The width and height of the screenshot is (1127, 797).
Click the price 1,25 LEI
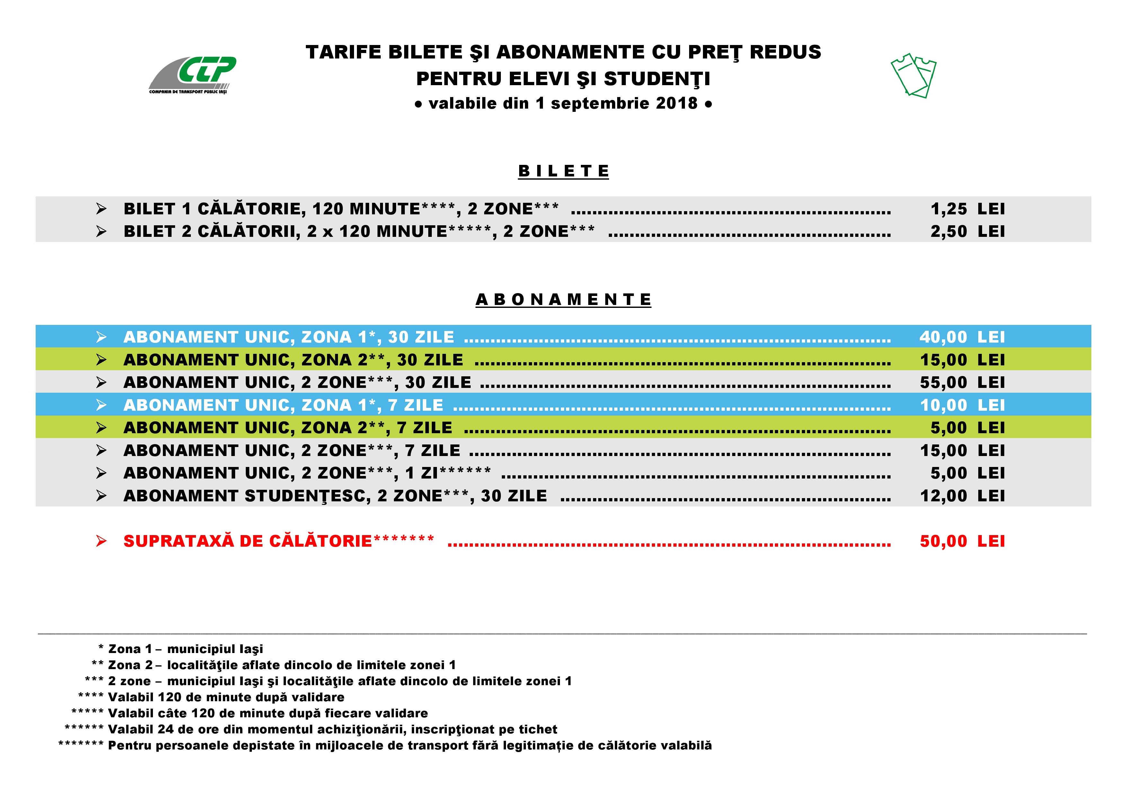967,209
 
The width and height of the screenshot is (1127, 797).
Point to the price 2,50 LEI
967,231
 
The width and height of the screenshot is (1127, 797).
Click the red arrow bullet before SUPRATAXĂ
101,541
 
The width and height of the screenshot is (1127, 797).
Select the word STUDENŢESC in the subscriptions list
307,496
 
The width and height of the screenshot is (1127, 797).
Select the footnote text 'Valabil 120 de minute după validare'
226,697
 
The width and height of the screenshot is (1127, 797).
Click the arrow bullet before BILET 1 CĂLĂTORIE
101,209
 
